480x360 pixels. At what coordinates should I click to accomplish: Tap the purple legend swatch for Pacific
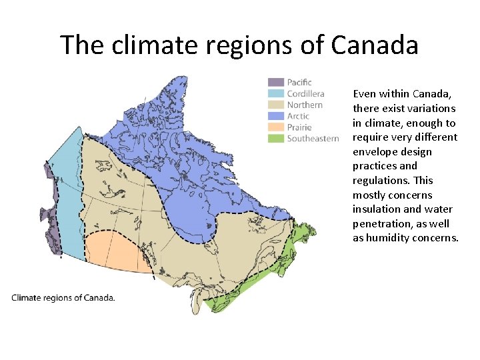276,83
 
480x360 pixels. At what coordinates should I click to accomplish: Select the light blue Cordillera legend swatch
276,94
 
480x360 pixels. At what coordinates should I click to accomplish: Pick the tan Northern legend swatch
276,105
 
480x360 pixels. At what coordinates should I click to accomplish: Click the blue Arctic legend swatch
276,116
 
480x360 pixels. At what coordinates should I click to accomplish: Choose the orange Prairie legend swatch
276,127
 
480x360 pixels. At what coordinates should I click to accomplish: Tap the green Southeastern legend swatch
276,139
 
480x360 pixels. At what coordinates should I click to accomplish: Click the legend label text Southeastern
313,139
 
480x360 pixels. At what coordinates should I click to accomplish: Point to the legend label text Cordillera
305,94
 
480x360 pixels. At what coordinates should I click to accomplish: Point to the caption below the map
63,297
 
